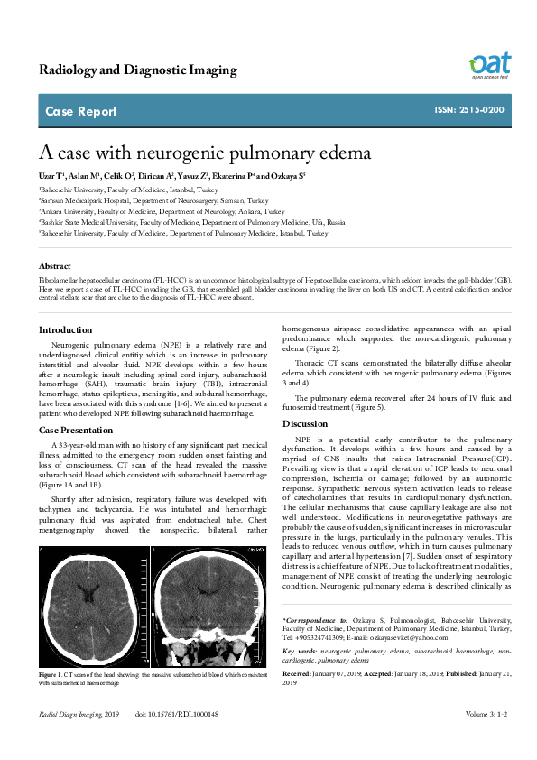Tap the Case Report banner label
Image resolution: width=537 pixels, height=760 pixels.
pyautogui.click(x=80, y=112)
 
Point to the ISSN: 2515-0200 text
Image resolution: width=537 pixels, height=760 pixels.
pyautogui.click(x=469, y=111)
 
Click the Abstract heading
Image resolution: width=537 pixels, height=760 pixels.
pyautogui.click(x=55, y=266)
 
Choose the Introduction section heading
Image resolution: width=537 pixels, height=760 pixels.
pyautogui.click(x=66, y=329)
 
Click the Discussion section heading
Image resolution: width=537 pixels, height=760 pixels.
pyautogui.click(x=304, y=423)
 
